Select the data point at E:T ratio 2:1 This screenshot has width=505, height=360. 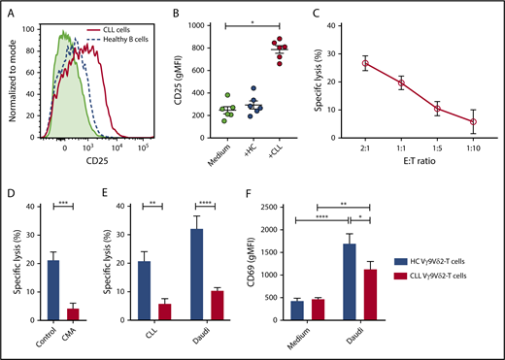tap(365, 63)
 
